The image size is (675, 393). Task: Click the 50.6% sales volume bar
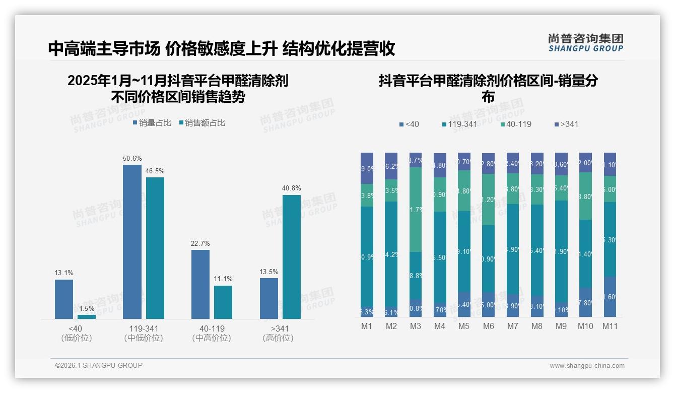point(132,242)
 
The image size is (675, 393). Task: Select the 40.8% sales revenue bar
point(291,257)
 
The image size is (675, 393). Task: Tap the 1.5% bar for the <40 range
point(87,316)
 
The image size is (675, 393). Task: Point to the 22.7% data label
point(200,244)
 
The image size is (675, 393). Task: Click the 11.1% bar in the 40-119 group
point(223,302)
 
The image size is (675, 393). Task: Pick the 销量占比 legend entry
point(152,123)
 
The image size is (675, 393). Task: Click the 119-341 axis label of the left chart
point(144,329)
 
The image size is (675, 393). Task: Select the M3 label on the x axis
point(416,326)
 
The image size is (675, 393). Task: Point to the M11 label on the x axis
point(610,326)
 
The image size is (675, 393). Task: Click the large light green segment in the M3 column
point(416,209)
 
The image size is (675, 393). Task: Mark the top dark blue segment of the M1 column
point(367,168)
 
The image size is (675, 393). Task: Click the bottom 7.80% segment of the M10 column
point(585,302)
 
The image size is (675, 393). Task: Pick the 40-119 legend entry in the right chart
point(516,124)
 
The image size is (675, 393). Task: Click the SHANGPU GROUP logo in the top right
point(585,43)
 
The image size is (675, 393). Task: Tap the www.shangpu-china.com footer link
point(587,366)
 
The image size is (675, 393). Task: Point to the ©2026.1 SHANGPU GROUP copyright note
point(99,365)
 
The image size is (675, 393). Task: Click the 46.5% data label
point(155,171)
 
